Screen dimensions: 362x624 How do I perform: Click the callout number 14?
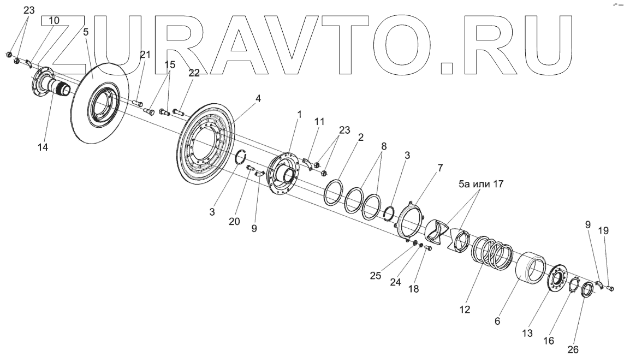43,147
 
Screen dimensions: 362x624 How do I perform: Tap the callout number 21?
145,55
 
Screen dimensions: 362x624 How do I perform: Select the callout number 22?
194,74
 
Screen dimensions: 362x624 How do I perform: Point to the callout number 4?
258,99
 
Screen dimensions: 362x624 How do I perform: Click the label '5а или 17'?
480,185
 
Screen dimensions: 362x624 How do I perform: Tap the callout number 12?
464,309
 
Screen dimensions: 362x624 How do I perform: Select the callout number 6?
497,322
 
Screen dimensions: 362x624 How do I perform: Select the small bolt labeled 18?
429,249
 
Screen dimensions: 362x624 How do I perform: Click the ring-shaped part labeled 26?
587,290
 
